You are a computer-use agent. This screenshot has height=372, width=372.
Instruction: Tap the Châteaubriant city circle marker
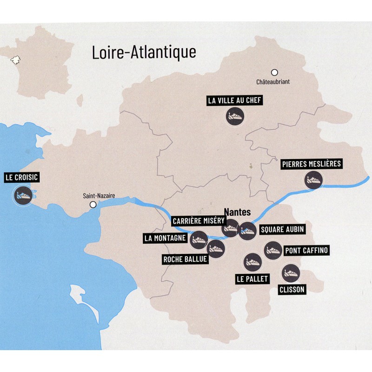(274, 72)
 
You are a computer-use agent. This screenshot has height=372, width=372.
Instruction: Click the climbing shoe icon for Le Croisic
(22, 194)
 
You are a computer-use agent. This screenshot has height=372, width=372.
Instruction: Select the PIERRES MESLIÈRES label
(312, 164)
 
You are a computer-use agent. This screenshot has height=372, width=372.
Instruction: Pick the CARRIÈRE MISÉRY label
(199, 221)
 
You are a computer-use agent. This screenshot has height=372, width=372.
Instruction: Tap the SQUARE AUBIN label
(279, 230)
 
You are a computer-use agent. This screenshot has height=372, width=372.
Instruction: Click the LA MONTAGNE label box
(165, 239)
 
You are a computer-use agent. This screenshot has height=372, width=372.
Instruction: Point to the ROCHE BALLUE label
(184, 259)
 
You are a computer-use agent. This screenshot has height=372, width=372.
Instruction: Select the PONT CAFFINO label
(306, 251)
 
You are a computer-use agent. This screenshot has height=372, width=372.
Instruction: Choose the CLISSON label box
(292, 290)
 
